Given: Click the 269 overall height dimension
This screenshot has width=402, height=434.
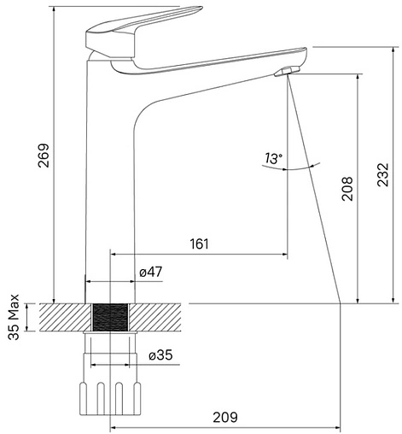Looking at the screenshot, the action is pos(44,155).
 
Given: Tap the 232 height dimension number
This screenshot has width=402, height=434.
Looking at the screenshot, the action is pos(383,174).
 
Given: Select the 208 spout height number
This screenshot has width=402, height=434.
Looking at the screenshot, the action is pos(347,189).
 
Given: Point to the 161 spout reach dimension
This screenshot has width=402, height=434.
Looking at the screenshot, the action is pos(199,243).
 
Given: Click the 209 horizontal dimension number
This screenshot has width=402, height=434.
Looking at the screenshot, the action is pos(225,418).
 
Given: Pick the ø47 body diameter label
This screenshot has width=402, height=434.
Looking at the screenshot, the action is pos(151,272).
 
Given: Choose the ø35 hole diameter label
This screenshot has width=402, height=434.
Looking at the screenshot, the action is pos(160,355).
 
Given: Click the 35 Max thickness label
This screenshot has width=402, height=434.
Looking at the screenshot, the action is pos(14,317).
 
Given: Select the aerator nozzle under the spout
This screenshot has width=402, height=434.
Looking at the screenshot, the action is pos(287,71).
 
